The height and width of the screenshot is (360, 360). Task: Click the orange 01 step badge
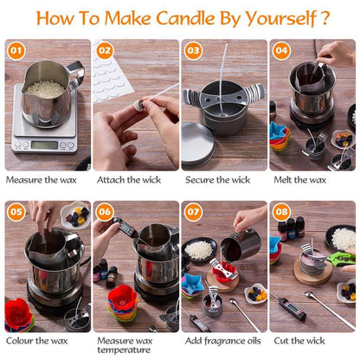[x=16, y=51]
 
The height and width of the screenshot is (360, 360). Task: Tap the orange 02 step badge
[x=105, y=51]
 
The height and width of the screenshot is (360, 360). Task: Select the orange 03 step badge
[x=193, y=51]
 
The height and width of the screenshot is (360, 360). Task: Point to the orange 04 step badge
[x=281, y=51]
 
